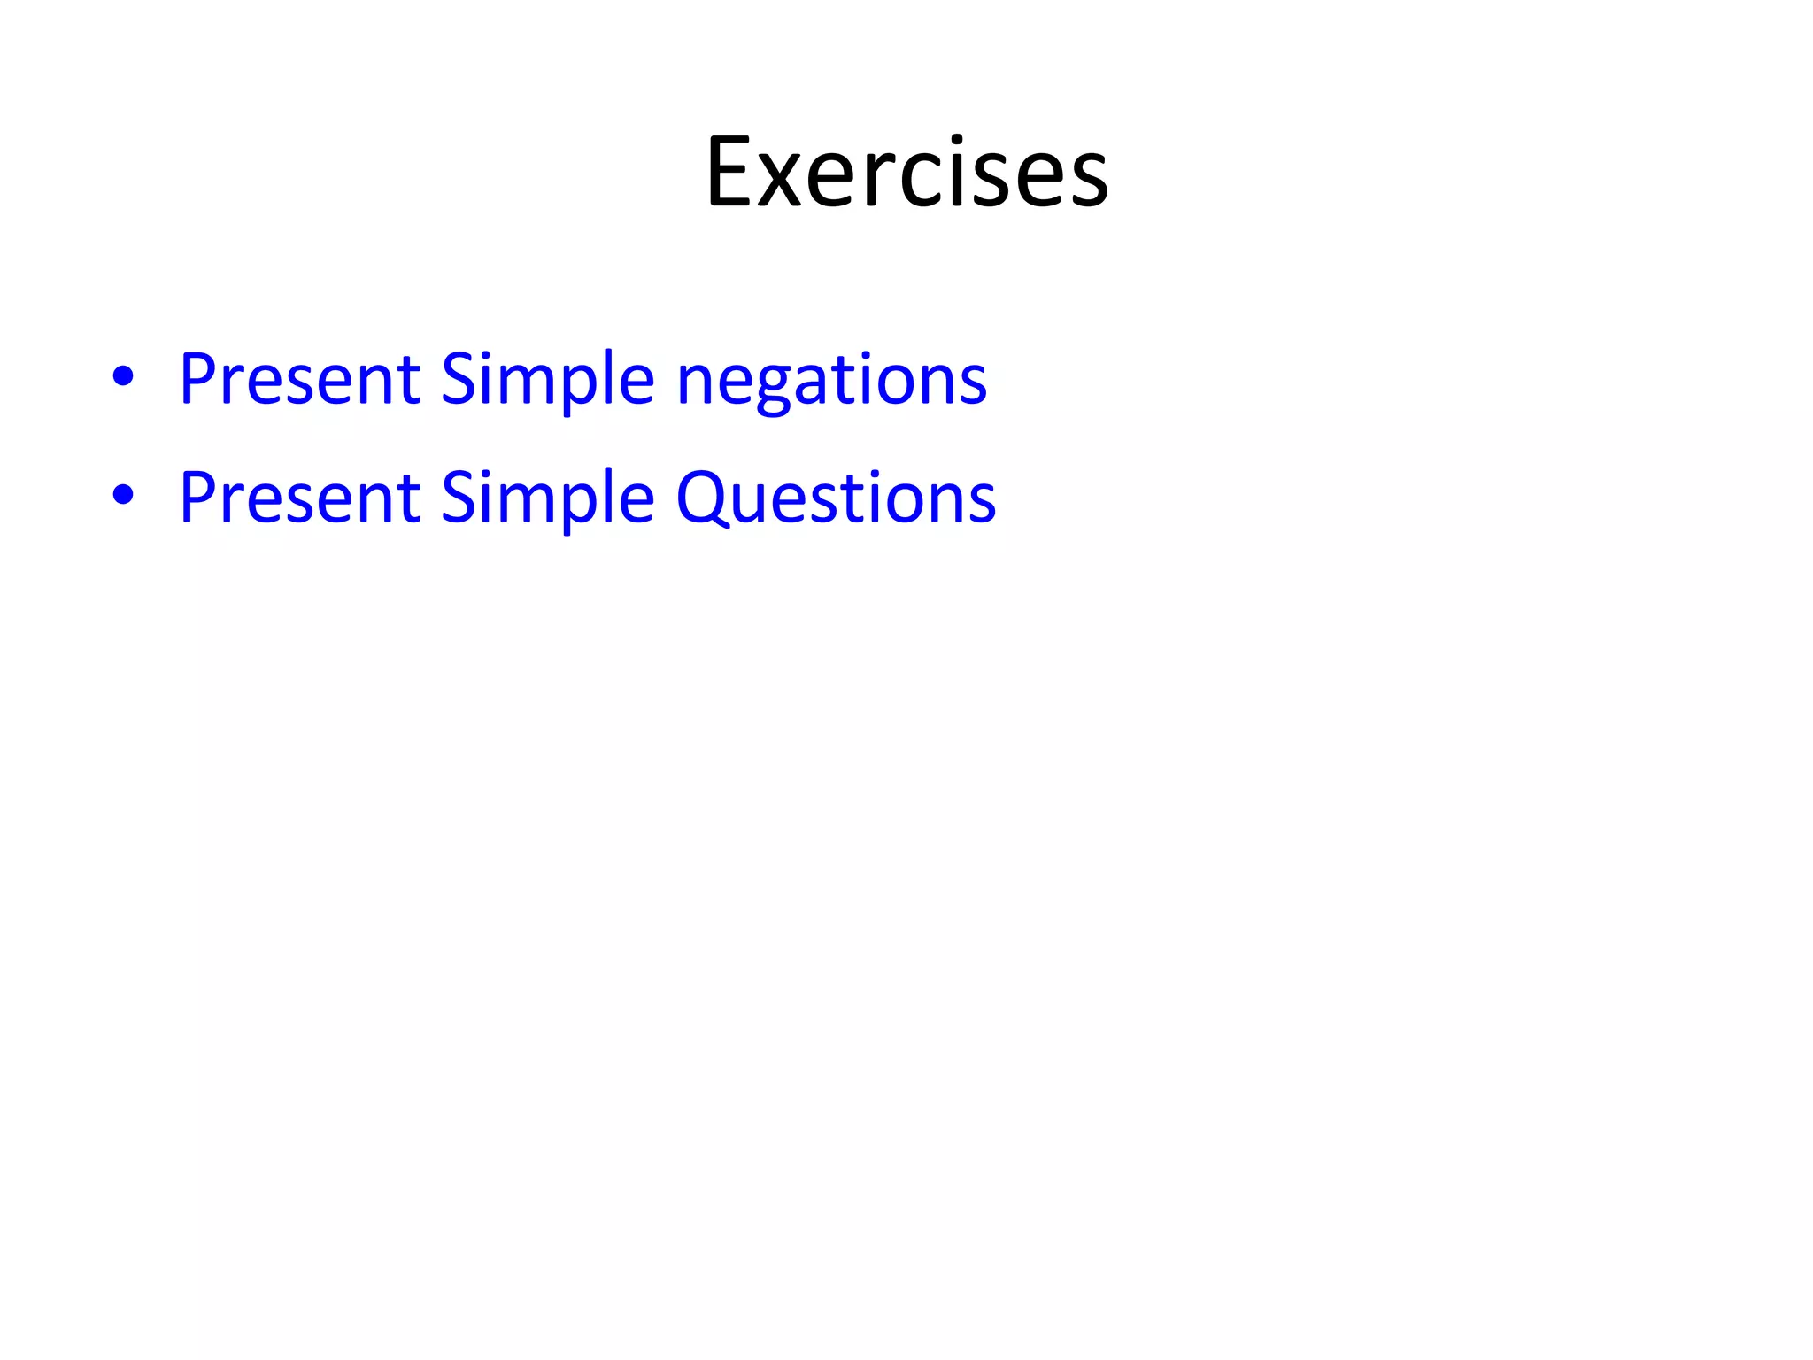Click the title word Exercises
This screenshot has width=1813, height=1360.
tap(906, 173)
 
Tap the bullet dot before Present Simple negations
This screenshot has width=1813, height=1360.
tap(123, 375)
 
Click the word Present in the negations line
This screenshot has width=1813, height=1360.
tap(299, 379)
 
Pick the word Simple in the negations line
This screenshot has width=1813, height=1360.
tap(547, 379)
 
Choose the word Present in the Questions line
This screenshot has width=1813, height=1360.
tap(299, 498)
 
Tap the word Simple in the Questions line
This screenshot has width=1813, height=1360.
tap(547, 498)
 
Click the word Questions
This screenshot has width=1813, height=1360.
tap(836, 498)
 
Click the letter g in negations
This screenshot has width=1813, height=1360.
tap(768, 390)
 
